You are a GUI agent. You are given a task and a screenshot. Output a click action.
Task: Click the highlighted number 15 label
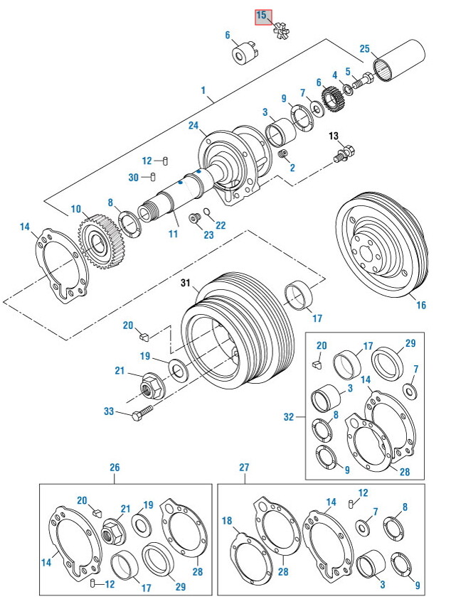(262, 16)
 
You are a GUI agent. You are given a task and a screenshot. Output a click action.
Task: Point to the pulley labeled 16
(381, 246)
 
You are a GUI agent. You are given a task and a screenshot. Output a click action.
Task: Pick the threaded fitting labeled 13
(343, 153)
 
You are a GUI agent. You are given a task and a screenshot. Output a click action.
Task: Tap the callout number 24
(192, 126)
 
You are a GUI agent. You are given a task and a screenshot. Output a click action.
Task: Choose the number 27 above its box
(244, 468)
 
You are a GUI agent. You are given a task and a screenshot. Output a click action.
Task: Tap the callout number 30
(134, 178)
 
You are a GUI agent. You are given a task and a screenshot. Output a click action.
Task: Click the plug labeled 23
(192, 217)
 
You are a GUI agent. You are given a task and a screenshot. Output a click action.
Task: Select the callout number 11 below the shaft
(173, 233)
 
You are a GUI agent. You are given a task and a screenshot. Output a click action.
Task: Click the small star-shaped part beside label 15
(280, 31)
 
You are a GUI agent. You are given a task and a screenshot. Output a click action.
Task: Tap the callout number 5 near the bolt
(348, 71)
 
